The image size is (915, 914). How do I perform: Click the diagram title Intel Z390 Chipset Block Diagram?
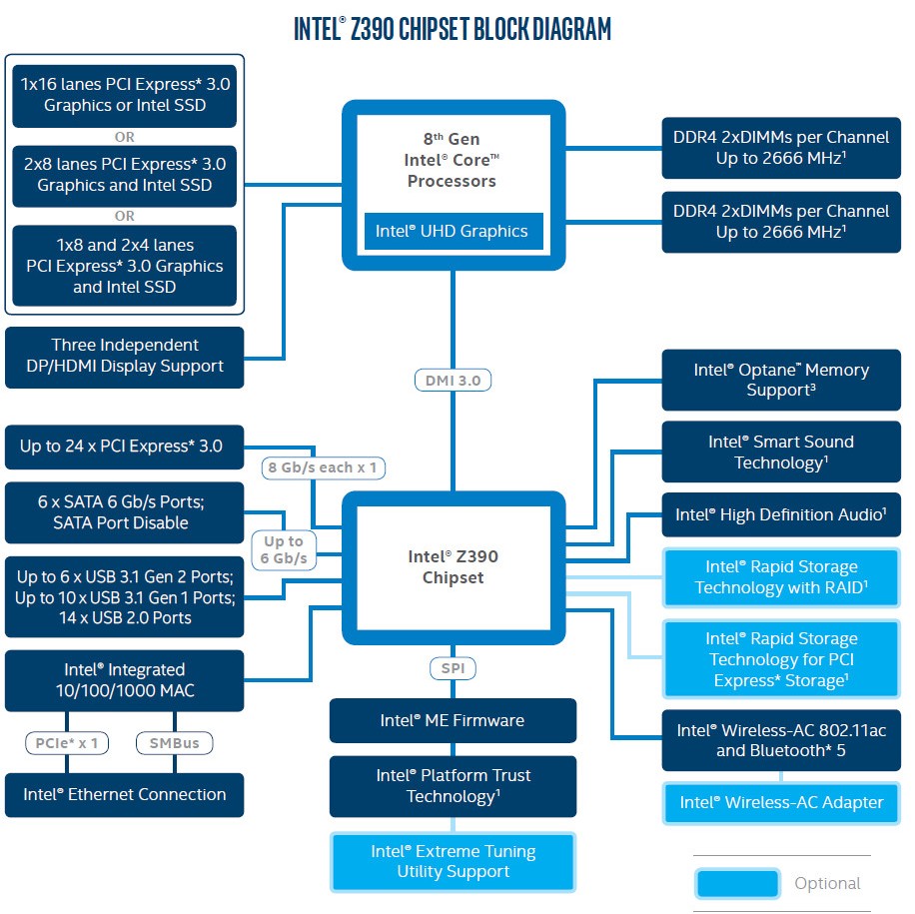click(x=452, y=28)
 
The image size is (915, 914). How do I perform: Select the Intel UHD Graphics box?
click(x=452, y=231)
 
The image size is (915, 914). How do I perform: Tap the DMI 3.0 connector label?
click(x=453, y=380)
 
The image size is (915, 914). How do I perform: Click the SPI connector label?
click(x=453, y=668)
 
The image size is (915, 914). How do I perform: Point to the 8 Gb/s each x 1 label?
click(x=324, y=466)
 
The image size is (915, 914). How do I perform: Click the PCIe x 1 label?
click(x=67, y=743)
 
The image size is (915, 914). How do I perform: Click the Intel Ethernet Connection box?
click(x=125, y=795)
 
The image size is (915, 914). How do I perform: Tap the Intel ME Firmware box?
click(x=453, y=720)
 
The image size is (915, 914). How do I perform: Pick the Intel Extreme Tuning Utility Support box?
click(x=453, y=861)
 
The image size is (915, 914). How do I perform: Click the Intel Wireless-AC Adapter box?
click(x=781, y=802)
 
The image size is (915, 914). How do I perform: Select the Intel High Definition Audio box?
click(x=781, y=514)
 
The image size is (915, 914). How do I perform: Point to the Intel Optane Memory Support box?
click(x=781, y=380)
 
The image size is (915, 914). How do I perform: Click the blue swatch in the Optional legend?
click(x=737, y=883)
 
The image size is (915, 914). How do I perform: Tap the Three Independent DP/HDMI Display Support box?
click(x=125, y=356)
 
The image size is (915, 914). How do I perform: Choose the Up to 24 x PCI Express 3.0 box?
click(x=125, y=447)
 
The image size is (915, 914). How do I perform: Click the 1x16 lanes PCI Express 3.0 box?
click(x=125, y=95)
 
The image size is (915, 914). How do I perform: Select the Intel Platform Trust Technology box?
click(x=453, y=785)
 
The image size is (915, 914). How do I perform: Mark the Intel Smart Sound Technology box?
click(x=781, y=452)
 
